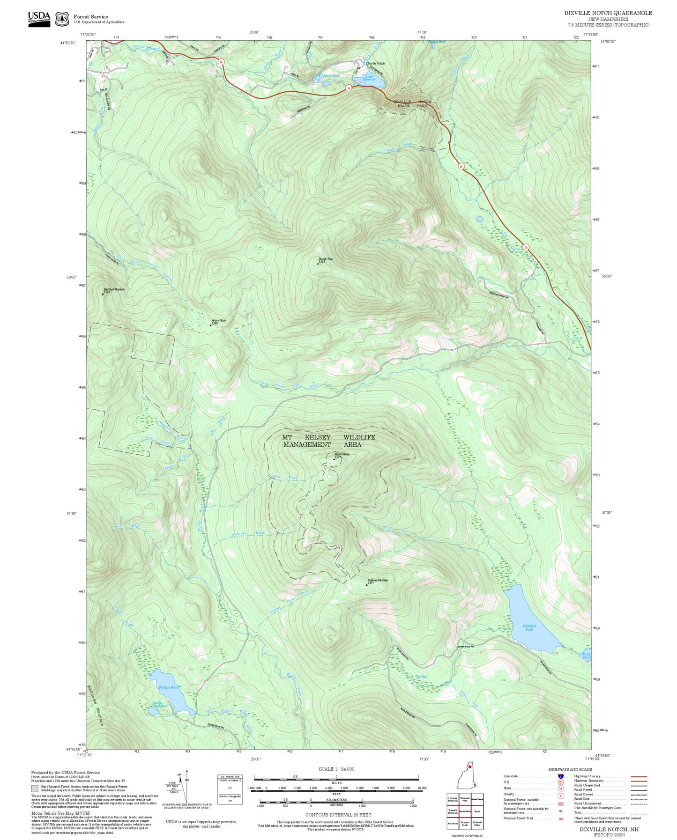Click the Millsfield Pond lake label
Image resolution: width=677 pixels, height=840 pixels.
[529, 627]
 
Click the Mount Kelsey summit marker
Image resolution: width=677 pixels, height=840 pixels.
[334, 459]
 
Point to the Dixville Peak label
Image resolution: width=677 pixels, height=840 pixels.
[326, 259]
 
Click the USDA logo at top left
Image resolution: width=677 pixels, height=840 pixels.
[39, 18]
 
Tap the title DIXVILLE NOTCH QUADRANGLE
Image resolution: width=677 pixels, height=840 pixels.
[608, 13]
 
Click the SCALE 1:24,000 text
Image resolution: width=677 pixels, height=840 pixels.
[336, 769]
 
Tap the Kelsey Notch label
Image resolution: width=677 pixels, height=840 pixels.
[218, 321]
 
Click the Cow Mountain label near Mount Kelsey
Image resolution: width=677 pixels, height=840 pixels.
[378, 581]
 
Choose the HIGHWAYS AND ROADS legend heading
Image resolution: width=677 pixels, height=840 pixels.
[570, 769]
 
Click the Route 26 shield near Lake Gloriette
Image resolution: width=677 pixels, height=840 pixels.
[348, 88]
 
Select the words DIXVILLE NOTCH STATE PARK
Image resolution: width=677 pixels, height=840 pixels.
[412, 103]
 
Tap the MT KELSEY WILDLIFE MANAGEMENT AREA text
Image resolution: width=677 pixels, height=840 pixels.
[329, 441]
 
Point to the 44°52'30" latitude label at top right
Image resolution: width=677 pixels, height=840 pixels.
[608, 41]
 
